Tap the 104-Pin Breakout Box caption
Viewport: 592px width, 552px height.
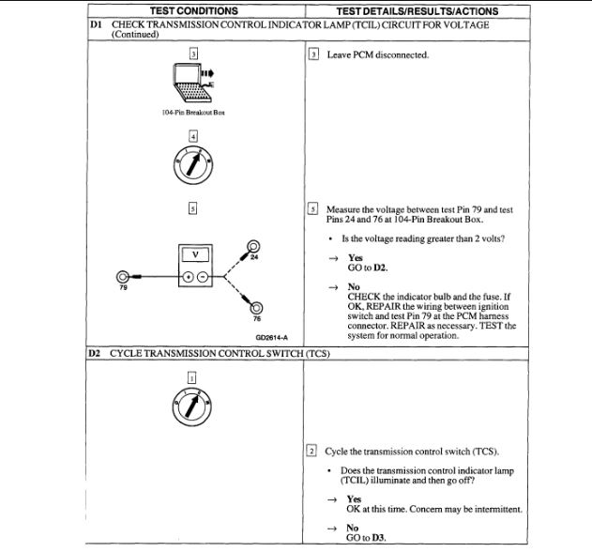pyautogui.click(x=193, y=112)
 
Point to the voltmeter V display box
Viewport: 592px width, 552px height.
pyautogui.click(x=194, y=254)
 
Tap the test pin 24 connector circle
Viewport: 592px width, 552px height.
pyautogui.click(x=253, y=248)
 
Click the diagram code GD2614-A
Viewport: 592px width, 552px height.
pyautogui.click(x=270, y=335)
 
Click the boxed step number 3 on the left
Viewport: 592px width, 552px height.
pyautogui.click(x=193, y=54)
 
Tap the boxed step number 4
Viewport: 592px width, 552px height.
pyautogui.click(x=193, y=137)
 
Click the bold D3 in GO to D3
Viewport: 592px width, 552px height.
pyautogui.click(x=380, y=538)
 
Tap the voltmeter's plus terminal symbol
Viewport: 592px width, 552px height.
pyautogui.click(x=187, y=277)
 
